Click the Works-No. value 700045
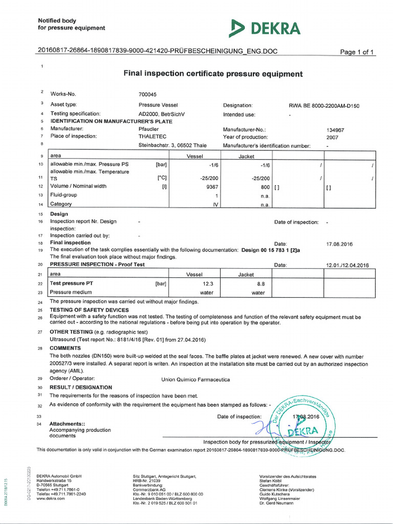[147, 95]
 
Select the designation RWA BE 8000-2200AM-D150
[324, 106]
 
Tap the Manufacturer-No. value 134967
[335, 130]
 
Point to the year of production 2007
[332, 137]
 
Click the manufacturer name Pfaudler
[148, 129]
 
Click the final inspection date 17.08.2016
[339, 244]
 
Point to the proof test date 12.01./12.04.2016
[347, 265]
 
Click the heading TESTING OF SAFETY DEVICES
[89, 310]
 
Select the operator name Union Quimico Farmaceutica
[195, 379]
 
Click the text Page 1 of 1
[358, 52]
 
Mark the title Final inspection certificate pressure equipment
[213, 74]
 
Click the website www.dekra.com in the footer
[51, 498]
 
